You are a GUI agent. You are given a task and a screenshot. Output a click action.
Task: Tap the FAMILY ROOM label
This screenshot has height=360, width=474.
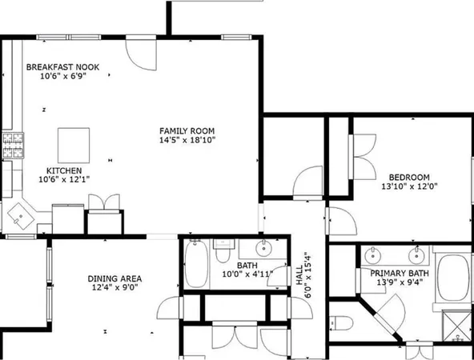(x=187, y=130)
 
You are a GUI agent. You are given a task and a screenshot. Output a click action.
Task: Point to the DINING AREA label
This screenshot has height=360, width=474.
(x=114, y=278)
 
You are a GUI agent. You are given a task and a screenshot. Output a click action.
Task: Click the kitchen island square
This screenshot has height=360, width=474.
(x=72, y=143)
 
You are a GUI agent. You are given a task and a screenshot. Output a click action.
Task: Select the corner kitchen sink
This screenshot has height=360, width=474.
(x=20, y=214)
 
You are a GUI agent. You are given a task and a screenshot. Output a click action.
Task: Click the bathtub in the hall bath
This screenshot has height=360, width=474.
(x=196, y=263)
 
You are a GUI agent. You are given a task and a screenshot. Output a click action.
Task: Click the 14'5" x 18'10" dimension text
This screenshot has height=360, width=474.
(x=187, y=140)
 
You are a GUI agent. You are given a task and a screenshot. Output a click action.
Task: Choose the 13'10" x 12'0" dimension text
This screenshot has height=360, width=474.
(x=409, y=186)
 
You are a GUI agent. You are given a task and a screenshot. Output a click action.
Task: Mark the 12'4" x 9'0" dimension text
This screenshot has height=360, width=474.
(x=114, y=288)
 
